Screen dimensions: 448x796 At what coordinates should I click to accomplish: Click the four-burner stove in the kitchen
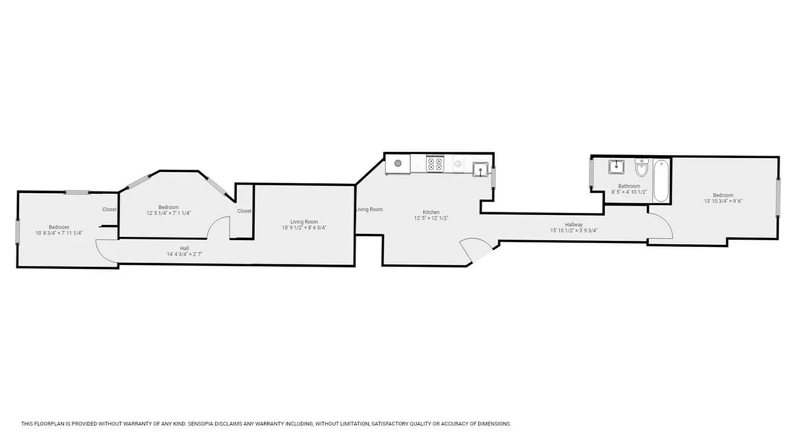434,164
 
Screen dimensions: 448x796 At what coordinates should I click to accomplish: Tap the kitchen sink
480,169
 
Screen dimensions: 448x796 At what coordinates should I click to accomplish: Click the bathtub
661,180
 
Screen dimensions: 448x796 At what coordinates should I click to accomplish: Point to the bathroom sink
616,166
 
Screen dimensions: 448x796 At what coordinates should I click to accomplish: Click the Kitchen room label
431,212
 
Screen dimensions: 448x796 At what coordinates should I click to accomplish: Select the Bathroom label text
629,186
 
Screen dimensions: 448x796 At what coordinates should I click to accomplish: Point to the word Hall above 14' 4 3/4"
184,248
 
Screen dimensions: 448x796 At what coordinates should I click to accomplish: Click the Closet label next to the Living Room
244,211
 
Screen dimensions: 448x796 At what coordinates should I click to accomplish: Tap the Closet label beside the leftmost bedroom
109,209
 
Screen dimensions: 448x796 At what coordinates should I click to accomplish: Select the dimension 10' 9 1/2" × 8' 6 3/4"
304,227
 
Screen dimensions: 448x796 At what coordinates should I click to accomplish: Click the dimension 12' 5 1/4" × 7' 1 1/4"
168,213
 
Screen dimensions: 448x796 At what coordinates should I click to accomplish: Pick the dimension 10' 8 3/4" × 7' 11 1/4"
59,233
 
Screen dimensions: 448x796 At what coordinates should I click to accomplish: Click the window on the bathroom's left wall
591,173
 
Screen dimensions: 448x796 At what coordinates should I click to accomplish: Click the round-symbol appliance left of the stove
398,163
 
